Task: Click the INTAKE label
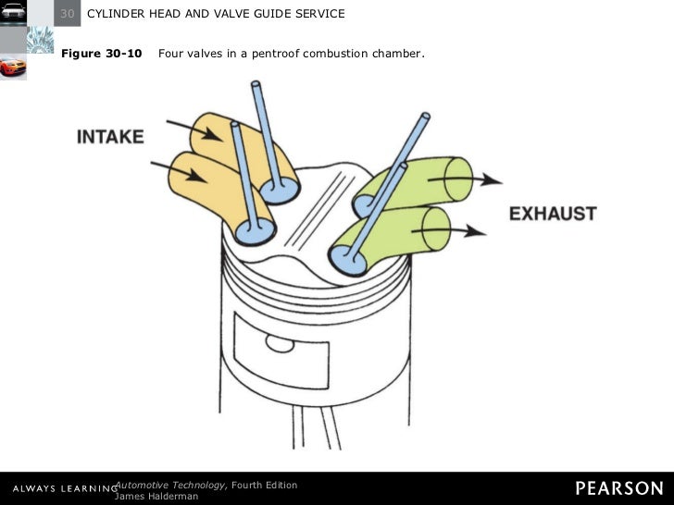point(110,137)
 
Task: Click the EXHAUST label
point(553,214)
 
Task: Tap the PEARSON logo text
point(618,487)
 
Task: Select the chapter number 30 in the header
point(68,14)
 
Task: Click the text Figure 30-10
point(102,54)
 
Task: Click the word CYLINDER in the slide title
point(119,14)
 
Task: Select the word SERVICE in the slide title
point(317,14)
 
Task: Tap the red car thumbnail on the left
point(14,68)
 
